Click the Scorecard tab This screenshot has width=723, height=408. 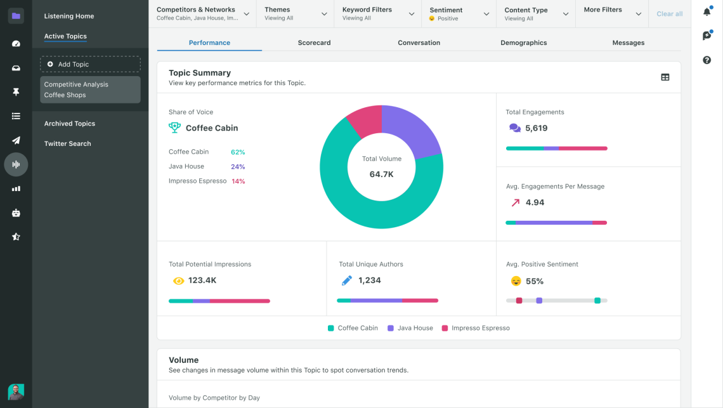pos(314,43)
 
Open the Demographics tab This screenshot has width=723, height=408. pos(523,43)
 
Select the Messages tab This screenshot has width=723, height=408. pos(628,43)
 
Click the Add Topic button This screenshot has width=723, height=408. pos(90,64)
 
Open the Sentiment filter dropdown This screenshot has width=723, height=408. pos(459,13)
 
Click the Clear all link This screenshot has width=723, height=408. pos(669,14)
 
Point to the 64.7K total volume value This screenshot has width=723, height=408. pos(381,174)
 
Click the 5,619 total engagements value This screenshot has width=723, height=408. pos(536,128)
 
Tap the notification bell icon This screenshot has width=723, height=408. pos(707,12)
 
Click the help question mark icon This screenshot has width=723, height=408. pos(707,60)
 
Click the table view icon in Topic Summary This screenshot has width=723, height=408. pos(665,77)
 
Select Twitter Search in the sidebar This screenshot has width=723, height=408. pos(67,143)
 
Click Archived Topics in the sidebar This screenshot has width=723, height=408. pos(69,124)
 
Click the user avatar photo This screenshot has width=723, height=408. pos(16,392)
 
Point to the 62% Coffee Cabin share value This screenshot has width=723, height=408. pos(238,152)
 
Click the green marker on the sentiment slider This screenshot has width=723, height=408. pos(597,300)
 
